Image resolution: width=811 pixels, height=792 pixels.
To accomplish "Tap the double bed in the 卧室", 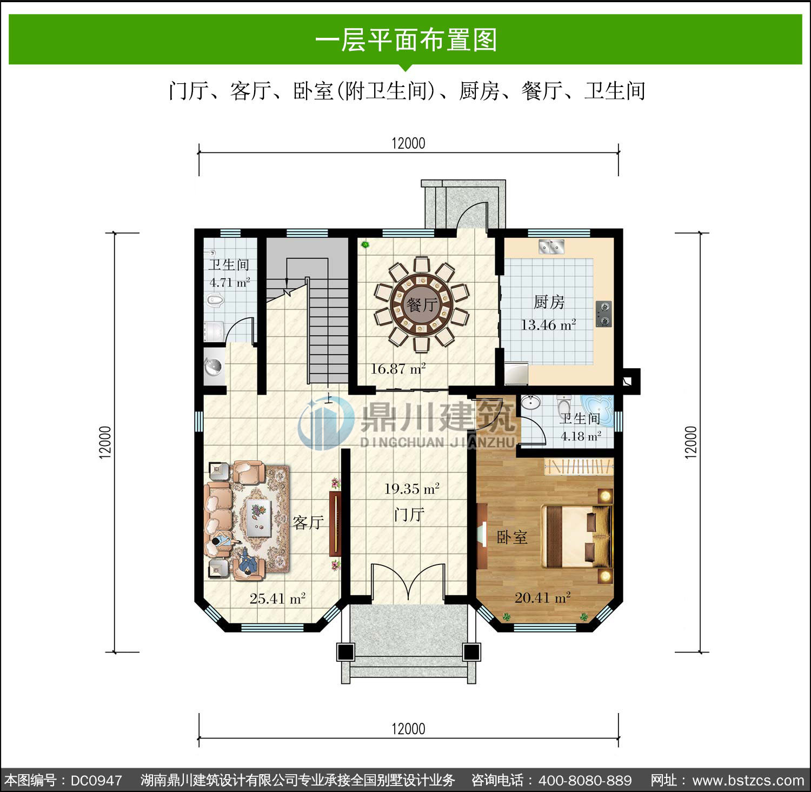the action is (x=576, y=536).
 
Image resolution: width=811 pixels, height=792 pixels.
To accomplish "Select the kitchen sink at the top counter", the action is (x=551, y=247).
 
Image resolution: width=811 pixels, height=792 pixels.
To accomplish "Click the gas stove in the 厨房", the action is (x=603, y=314).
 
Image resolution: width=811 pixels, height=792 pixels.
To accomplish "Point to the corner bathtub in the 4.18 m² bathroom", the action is (x=599, y=410).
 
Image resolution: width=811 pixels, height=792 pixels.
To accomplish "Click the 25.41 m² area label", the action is (x=277, y=598).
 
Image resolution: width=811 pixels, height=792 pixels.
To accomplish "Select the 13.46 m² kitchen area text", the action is (x=548, y=325).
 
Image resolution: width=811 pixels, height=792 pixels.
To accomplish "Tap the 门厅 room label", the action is (x=409, y=514).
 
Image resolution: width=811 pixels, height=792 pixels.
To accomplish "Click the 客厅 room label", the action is (x=308, y=522).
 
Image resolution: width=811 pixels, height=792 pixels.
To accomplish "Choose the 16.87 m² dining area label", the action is (x=398, y=369).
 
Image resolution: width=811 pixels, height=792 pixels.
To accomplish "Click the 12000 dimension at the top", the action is (x=408, y=143).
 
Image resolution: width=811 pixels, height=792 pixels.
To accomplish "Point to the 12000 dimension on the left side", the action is (x=105, y=442).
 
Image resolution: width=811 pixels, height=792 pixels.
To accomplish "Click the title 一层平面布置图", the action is (x=406, y=40).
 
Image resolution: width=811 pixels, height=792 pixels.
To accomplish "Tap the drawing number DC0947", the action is (x=96, y=781).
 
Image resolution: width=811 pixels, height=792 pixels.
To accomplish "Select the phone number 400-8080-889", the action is (x=585, y=781).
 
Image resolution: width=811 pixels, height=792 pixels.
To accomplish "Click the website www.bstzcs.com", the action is (x=748, y=781).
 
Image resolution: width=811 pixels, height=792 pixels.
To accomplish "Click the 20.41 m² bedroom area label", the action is (x=543, y=598).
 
